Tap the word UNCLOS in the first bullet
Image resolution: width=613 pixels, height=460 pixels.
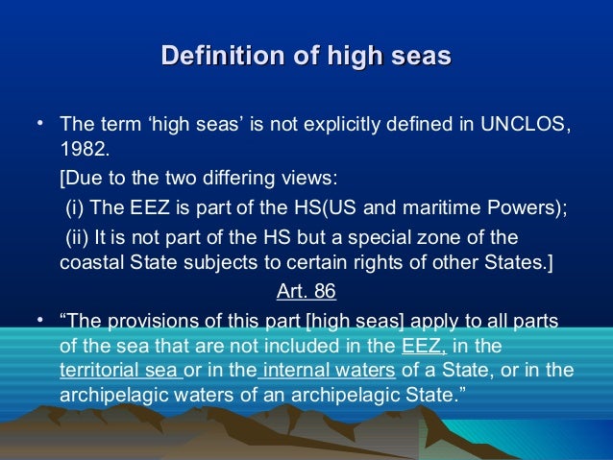[x=517, y=125]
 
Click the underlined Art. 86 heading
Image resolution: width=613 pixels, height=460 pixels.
[x=305, y=291]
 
